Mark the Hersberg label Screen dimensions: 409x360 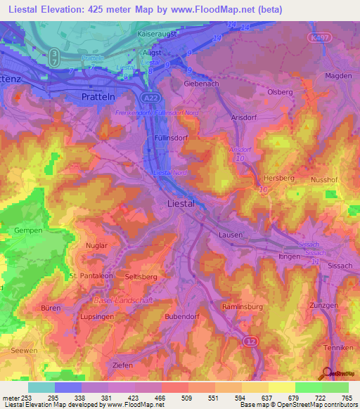tap(278, 178)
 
